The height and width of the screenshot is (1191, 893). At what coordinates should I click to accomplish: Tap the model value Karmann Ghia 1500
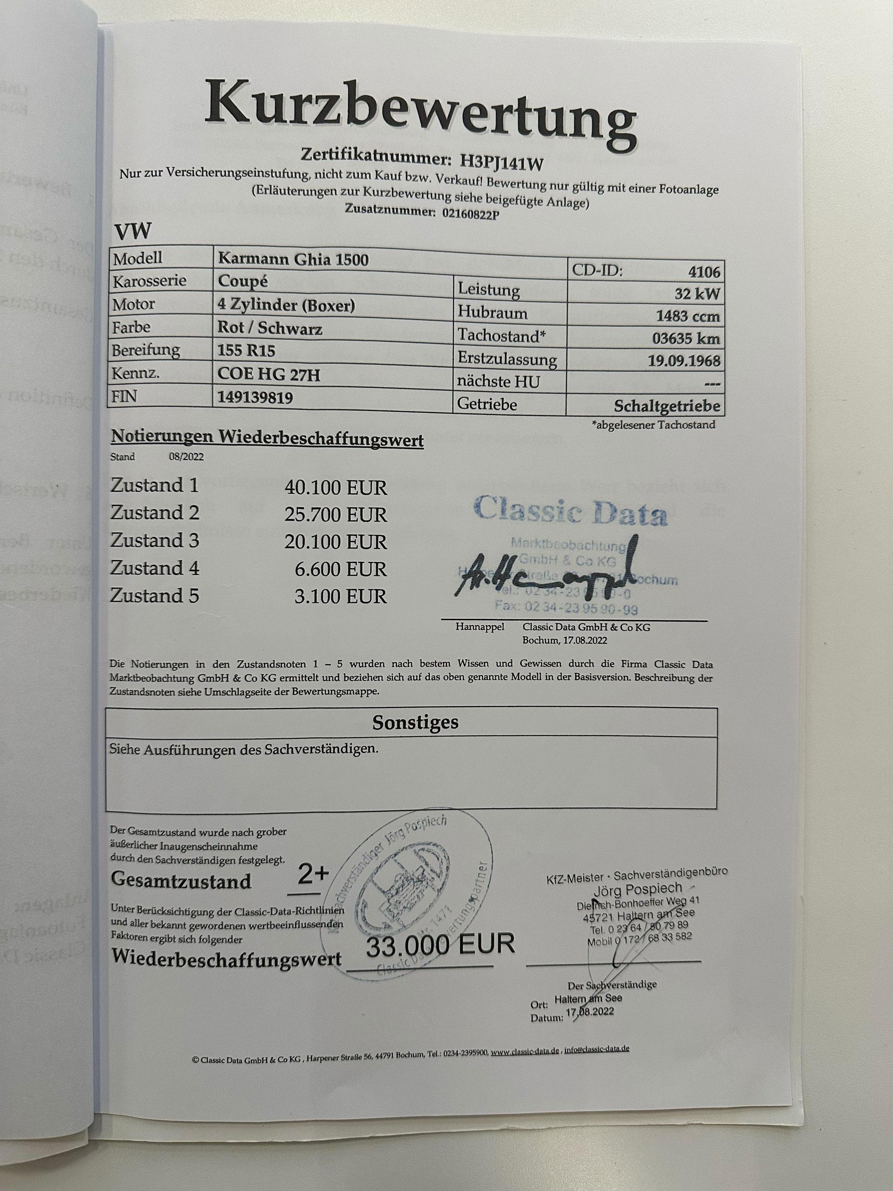(293, 260)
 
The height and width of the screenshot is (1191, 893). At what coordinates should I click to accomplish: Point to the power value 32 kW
(698, 294)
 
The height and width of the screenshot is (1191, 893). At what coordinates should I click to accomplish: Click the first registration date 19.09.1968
(685, 361)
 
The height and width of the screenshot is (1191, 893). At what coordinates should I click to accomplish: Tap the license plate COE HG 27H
(269, 374)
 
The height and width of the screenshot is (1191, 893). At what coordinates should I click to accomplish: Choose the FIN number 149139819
(256, 397)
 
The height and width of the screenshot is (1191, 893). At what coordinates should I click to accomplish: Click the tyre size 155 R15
(247, 351)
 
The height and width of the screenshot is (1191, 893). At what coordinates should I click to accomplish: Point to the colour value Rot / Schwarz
(270, 328)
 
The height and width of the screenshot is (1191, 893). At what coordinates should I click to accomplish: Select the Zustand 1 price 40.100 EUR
(335, 488)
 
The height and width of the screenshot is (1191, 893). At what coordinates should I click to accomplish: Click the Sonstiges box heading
(415, 723)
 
